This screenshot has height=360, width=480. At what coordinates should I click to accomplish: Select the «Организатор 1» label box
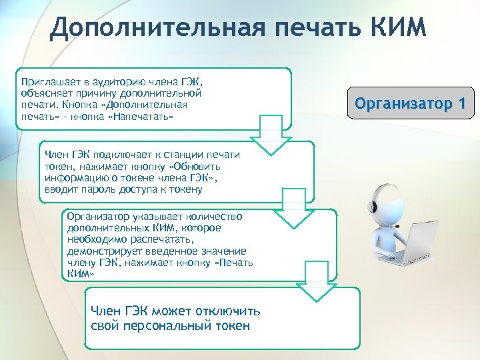pyautogui.click(x=411, y=104)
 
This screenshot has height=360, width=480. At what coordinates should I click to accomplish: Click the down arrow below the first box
pyautogui.click(x=270, y=133)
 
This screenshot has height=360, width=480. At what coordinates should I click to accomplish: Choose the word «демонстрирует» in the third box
pyautogui.click(x=102, y=251)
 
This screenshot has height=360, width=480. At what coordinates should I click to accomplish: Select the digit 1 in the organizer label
pyautogui.click(x=459, y=104)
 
